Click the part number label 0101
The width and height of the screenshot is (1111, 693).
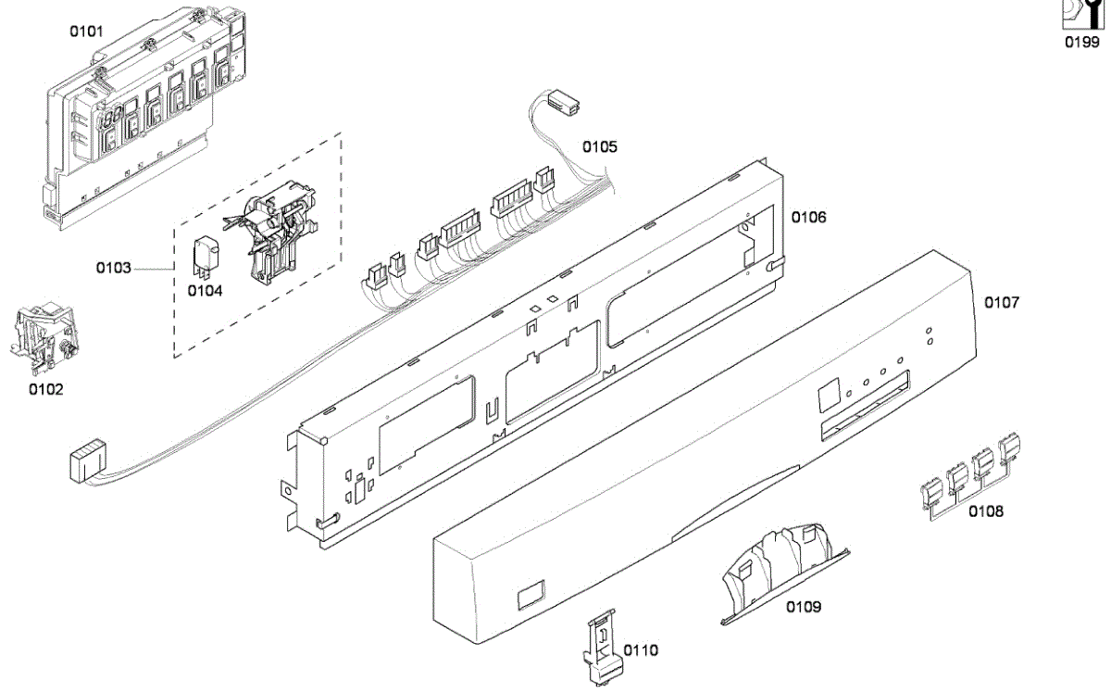pos(87,31)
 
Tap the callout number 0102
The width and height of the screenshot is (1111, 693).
pos(46,389)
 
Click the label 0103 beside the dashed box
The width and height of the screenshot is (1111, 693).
pos(114,269)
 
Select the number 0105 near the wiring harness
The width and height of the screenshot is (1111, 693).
pos(599,146)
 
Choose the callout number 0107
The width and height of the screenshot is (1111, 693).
pos(1001,302)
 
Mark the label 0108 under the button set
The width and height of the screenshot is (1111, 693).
pos(985,510)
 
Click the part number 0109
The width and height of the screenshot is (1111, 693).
pos(804,608)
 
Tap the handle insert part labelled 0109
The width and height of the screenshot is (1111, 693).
pos(782,565)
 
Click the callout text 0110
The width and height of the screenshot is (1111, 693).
pos(641,650)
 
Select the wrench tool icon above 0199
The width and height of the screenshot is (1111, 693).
pos(1080,16)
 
